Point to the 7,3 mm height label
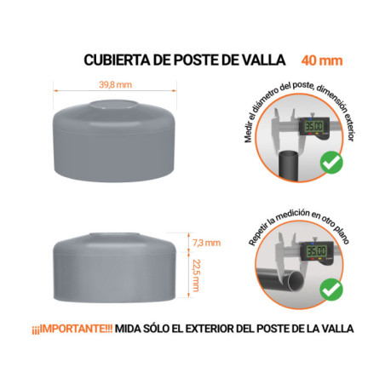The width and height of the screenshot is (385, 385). tap(205, 243)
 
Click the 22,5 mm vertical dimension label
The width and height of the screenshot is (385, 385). tap(196, 275)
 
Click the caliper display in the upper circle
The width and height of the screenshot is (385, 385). tap(314, 126)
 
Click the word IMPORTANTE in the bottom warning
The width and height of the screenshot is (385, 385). tap(75, 329)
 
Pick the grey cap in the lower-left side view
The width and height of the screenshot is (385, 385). tap(115, 268)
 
